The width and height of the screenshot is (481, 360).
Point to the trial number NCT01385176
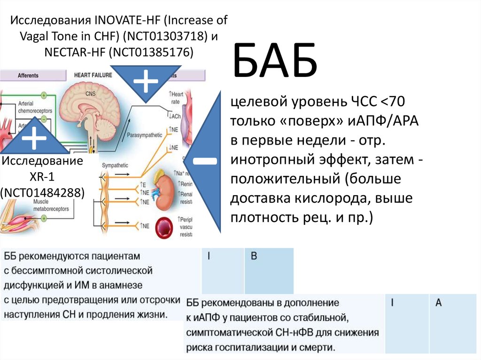point(150,52)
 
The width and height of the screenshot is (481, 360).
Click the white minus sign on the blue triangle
point(204,161)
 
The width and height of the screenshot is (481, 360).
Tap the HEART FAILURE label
point(93,75)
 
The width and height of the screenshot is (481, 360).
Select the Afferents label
point(28,75)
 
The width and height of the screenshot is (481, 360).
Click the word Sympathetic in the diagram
point(115,166)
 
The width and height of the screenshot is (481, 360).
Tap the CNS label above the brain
point(90,93)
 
